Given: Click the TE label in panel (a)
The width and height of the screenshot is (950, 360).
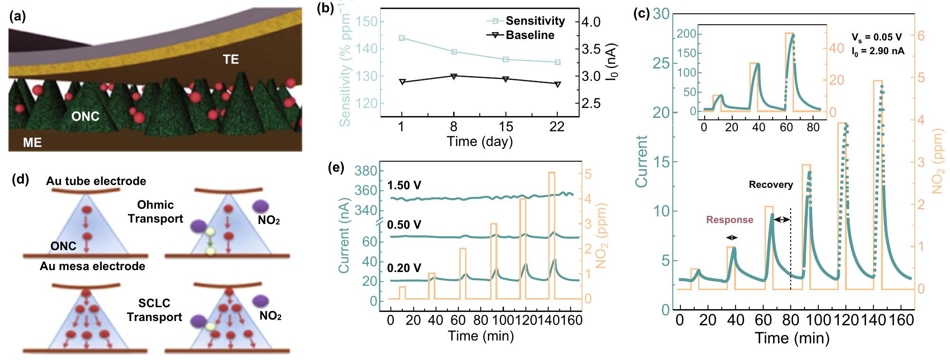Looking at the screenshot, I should pos(231,59).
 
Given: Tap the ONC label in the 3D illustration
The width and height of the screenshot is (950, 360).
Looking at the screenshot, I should pos(85,117).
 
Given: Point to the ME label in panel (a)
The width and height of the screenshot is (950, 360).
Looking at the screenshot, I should pos(32,142).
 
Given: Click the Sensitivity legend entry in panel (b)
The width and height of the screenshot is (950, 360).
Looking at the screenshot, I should pos(535,21).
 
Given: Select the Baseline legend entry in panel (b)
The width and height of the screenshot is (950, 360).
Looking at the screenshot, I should pos(530,35).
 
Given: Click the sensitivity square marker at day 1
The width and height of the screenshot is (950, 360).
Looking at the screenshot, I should pos(402,38).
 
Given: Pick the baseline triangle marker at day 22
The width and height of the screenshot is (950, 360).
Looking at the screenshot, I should pos(557,84).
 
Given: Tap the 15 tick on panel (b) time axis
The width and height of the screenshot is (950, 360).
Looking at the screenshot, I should pos(505,126).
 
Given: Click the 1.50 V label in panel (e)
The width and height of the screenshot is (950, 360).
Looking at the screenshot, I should pos(404,185).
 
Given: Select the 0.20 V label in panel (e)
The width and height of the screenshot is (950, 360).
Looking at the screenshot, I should pos(404,268).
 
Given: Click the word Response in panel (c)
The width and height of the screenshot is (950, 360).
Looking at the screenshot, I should pos(729,220).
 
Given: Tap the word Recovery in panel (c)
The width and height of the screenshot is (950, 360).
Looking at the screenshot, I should pos(771,185).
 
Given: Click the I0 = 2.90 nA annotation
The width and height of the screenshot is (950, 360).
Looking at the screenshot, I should pos(878,51).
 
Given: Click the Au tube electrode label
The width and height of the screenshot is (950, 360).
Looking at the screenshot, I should pos(96,181).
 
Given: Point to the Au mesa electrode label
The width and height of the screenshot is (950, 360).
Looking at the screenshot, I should pos(92,266).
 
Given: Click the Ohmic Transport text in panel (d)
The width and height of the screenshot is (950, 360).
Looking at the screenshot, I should pos(155,212).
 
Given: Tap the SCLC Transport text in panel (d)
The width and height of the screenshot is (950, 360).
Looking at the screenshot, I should pos(155,310).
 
